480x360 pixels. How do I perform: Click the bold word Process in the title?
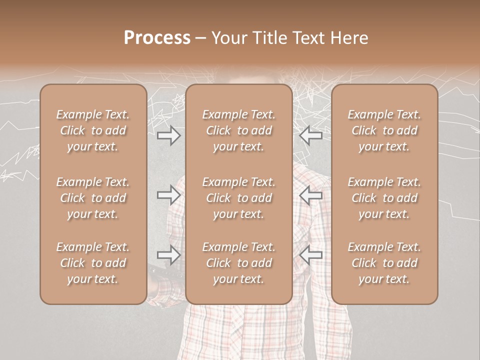click(x=157, y=38)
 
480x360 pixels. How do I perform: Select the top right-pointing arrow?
click(x=169, y=135)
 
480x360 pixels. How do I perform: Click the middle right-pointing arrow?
click(x=169, y=195)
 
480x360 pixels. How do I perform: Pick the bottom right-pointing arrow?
click(x=169, y=255)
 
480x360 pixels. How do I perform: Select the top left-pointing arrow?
click(x=311, y=135)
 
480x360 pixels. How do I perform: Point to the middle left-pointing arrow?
click(x=311, y=195)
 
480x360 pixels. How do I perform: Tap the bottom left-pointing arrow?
click(x=311, y=255)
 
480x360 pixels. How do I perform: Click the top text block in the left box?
click(x=93, y=130)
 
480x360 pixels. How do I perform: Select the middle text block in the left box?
click(x=93, y=198)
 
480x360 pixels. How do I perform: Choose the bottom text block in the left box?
click(x=93, y=263)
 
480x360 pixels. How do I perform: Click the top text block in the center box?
click(x=238, y=130)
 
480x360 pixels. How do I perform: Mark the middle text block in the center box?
click(x=238, y=198)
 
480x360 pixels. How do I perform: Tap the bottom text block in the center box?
click(x=238, y=263)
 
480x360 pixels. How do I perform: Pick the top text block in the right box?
click(x=384, y=130)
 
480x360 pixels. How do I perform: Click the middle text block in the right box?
click(x=384, y=198)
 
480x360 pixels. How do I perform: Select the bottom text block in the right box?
click(x=384, y=263)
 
